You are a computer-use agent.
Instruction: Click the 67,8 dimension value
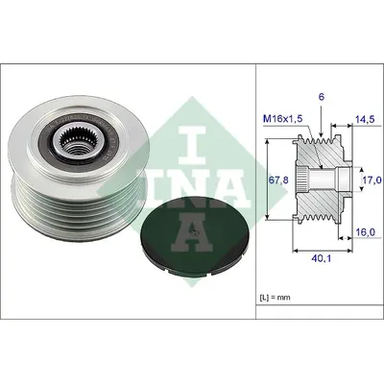[279, 180]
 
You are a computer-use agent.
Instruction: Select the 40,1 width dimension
[322, 258]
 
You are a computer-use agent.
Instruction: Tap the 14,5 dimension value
[366, 119]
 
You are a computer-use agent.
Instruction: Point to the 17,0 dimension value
[373, 180]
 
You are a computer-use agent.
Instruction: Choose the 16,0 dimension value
[366, 232]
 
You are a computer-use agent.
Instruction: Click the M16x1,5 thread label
[282, 119]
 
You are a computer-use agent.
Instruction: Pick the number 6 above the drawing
[322, 97]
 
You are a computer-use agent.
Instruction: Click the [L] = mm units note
[275, 298]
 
